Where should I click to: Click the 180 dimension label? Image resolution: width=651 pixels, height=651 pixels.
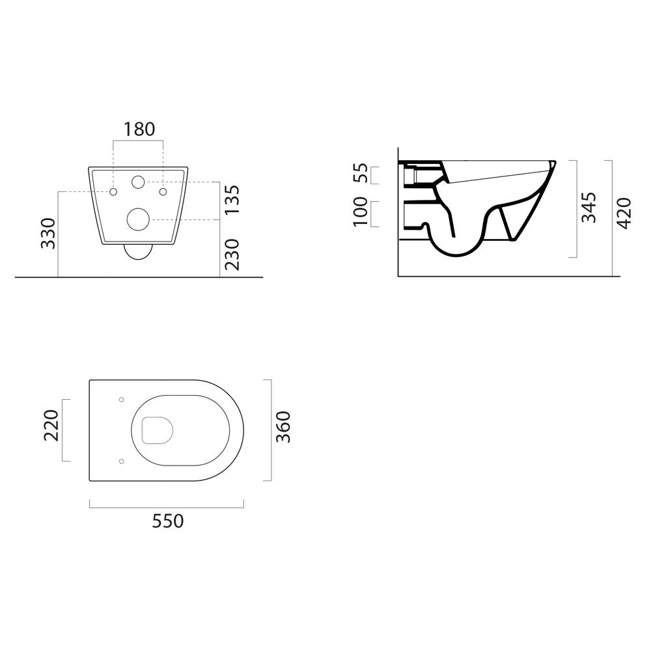coord(139,129)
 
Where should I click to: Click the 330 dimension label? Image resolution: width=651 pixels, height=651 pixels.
coord(48,233)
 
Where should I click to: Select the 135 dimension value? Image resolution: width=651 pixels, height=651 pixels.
coord(232,200)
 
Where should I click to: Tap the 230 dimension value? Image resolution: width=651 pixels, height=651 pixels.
coord(232,255)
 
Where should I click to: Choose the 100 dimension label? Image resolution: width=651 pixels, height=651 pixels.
coord(361,212)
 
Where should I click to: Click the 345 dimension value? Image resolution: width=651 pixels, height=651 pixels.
coord(589,207)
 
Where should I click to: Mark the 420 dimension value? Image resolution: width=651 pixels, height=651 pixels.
coord(624,214)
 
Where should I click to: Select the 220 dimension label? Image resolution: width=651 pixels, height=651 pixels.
coord(51,425)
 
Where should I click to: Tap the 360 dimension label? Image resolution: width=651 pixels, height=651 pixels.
coord(283,427)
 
